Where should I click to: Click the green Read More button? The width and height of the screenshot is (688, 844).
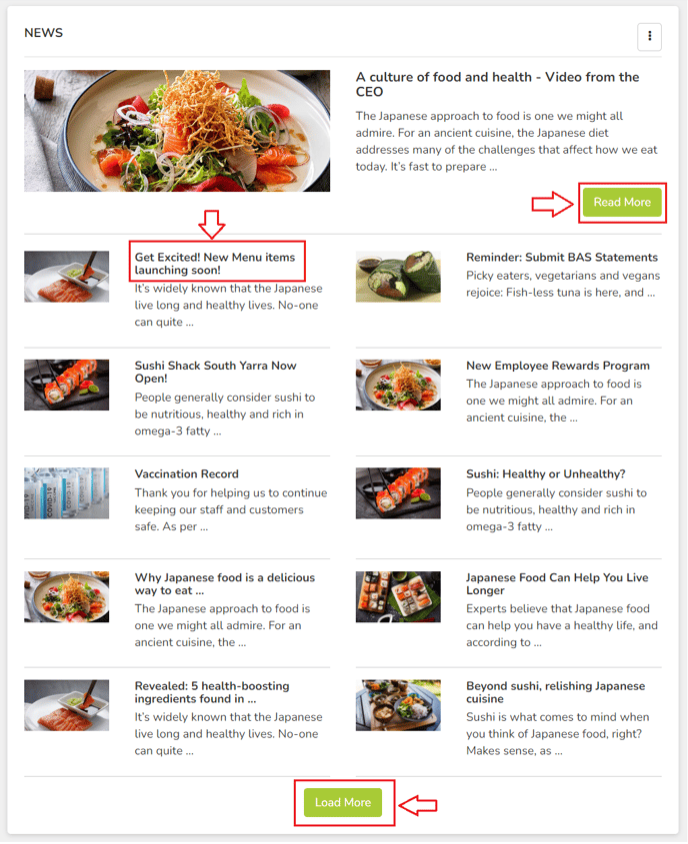[621, 202]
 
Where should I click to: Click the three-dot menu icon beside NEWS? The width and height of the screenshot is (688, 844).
[649, 36]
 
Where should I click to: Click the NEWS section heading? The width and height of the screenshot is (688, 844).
[44, 33]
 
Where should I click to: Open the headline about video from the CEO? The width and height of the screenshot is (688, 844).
[497, 84]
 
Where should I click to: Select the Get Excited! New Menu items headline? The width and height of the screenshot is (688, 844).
[215, 264]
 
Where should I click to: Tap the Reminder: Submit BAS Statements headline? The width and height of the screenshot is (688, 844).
[561, 258]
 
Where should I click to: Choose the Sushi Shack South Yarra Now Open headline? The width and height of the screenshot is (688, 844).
[215, 373]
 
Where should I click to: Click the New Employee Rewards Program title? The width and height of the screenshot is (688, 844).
[557, 366]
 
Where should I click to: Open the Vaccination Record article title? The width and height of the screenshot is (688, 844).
[186, 474]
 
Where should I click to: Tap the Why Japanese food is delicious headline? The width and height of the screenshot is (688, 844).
[224, 584]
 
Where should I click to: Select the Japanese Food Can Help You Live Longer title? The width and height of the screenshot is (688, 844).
[556, 584]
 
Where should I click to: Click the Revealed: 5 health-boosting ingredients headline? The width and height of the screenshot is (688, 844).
[212, 692]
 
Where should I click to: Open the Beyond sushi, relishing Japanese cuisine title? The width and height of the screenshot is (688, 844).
[555, 692]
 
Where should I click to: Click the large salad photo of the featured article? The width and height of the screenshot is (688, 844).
[177, 131]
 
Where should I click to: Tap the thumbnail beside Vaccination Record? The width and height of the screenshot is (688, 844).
[67, 493]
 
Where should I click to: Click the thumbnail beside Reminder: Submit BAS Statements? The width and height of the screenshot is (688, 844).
[398, 276]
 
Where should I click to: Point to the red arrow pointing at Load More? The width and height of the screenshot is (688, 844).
[420, 803]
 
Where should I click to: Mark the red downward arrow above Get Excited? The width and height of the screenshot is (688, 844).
[212, 223]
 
